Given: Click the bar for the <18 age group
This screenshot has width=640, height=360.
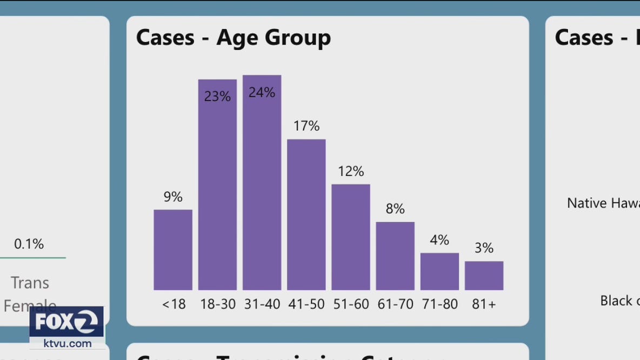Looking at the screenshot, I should (x=173, y=250).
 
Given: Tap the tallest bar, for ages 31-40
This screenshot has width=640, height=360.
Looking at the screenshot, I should (x=262, y=184).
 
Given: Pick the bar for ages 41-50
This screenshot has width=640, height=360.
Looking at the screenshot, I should (x=306, y=215).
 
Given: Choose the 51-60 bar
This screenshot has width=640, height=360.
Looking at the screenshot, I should (x=351, y=237).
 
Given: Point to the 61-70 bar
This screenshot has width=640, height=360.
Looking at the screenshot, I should (x=395, y=256).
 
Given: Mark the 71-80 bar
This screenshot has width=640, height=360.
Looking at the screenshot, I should (x=439, y=271).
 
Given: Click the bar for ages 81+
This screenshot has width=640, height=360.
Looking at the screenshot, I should (x=484, y=276).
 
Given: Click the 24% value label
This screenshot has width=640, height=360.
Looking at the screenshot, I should (x=262, y=92).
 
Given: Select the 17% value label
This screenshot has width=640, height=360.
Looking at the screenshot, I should (x=306, y=126).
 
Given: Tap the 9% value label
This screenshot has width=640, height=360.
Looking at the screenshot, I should (x=173, y=197).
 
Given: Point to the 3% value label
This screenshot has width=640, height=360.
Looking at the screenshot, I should (x=484, y=248).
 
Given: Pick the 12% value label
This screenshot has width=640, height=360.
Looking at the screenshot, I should (x=351, y=171).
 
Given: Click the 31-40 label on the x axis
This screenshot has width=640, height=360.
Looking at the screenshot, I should (x=262, y=304).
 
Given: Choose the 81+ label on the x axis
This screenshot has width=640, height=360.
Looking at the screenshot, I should (x=484, y=304).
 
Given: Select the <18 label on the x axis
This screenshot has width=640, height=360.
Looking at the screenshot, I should (x=174, y=304).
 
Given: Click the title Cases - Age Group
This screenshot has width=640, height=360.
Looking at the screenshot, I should (x=233, y=37).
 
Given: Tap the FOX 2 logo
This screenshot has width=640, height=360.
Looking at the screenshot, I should (x=66, y=323).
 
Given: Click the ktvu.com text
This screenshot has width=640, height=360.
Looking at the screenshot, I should (x=68, y=344).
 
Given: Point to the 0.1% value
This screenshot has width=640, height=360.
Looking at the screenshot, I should (x=29, y=244).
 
